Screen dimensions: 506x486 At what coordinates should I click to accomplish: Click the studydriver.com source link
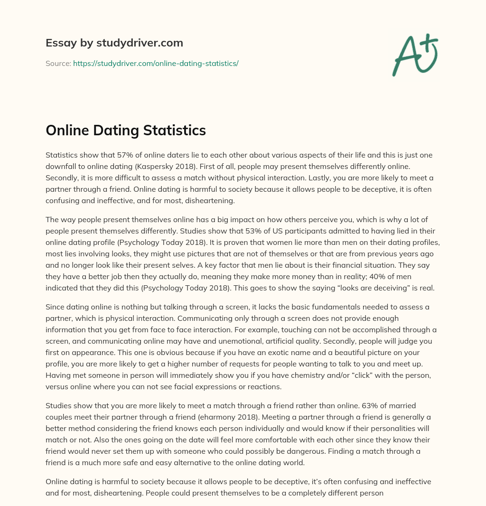pyautogui.click(x=156, y=63)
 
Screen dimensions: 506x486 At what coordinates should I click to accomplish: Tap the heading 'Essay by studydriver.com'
pyautogui.click(x=114, y=43)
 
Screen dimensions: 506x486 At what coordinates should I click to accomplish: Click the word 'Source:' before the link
pyautogui.click(x=58, y=63)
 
